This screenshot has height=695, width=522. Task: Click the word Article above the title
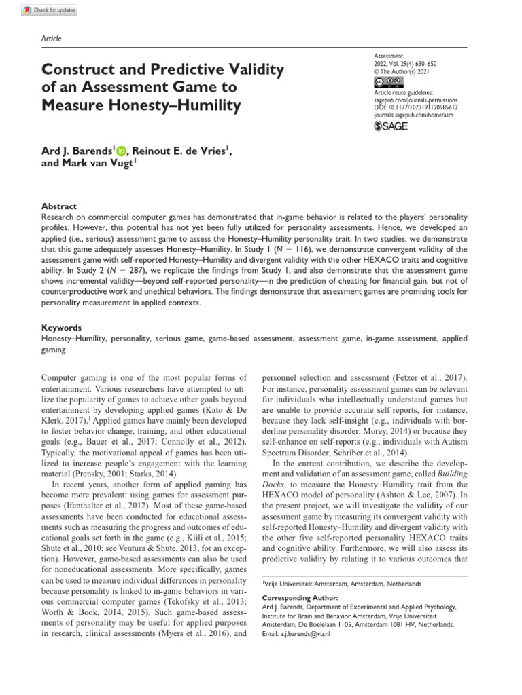click(52, 39)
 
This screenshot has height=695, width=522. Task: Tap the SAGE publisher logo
click(393, 127)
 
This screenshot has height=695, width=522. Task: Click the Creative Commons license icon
click(387, 83)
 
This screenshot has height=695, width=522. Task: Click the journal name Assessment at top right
click(389, 57)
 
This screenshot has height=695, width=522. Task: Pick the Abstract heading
click(59, 206)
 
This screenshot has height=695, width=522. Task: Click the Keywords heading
click(62, 326)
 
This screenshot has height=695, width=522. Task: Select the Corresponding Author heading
click(296, 598)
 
